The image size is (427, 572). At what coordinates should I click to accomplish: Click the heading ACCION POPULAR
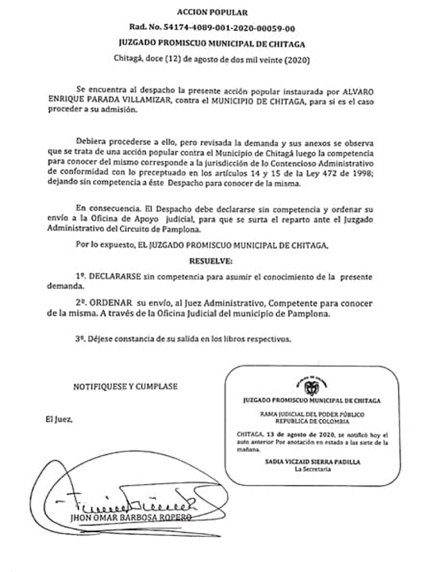tap(212, 11)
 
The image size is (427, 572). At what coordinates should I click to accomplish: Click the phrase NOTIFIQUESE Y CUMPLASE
tap(125, 386)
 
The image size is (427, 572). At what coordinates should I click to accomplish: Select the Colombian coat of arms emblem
tap(312, 386)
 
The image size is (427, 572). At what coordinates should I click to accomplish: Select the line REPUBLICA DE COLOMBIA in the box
tap(312, 420)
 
